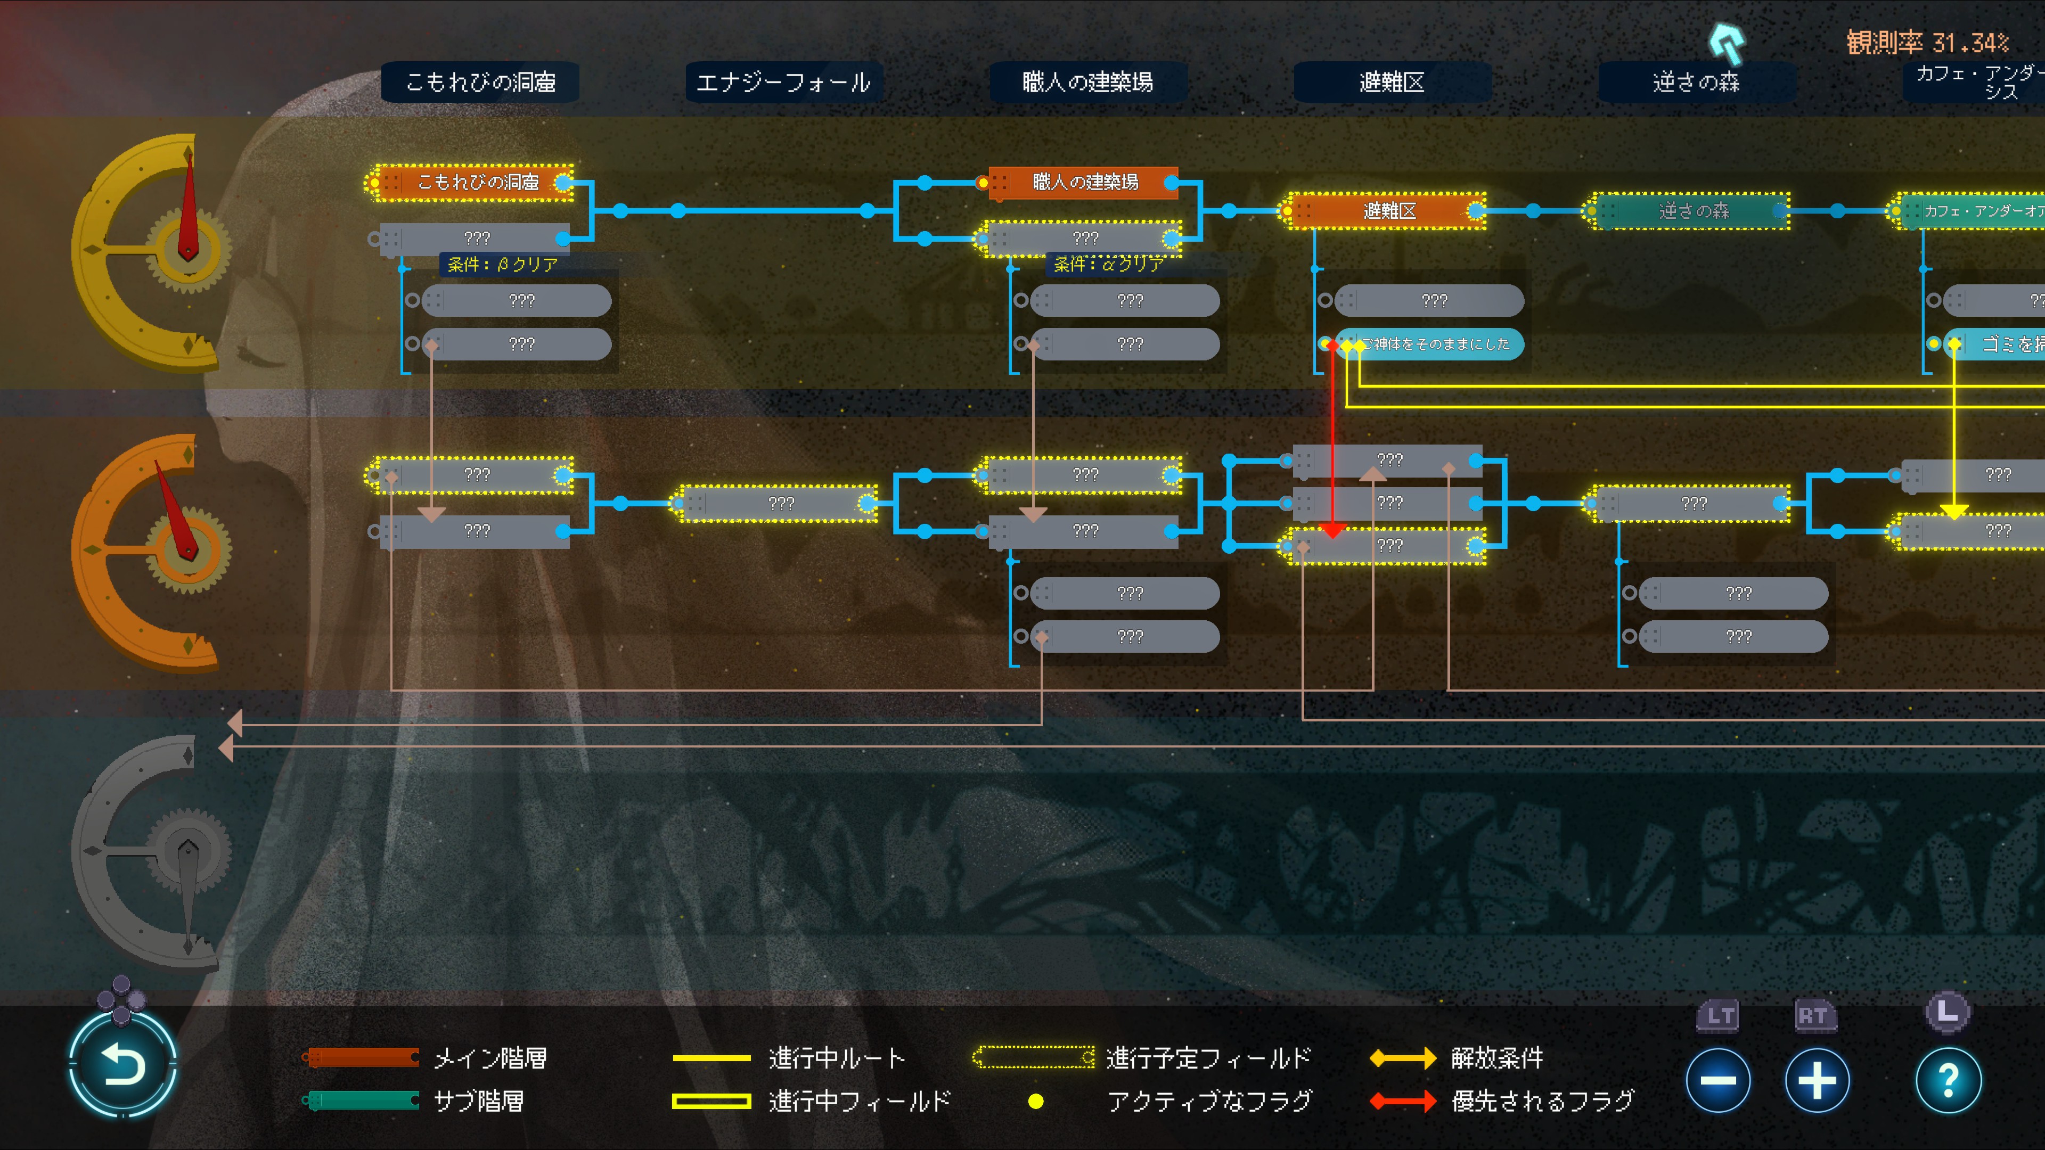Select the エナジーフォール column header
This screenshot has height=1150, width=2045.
tap(783, 82)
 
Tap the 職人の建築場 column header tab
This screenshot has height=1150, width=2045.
tap(1087, 82)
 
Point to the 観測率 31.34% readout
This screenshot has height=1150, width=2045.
tap(1927, 42)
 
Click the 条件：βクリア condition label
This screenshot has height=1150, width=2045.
tap(503, 264)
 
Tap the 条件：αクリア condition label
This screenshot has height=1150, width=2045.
tap(1109, 264)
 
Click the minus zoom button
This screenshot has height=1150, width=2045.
tap(1718, 1080)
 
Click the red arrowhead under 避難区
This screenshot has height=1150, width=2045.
tap(1332, 529)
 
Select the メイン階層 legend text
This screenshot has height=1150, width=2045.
tap(490, 1058)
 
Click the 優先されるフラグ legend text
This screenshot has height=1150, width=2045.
tap(1542, 1101)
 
